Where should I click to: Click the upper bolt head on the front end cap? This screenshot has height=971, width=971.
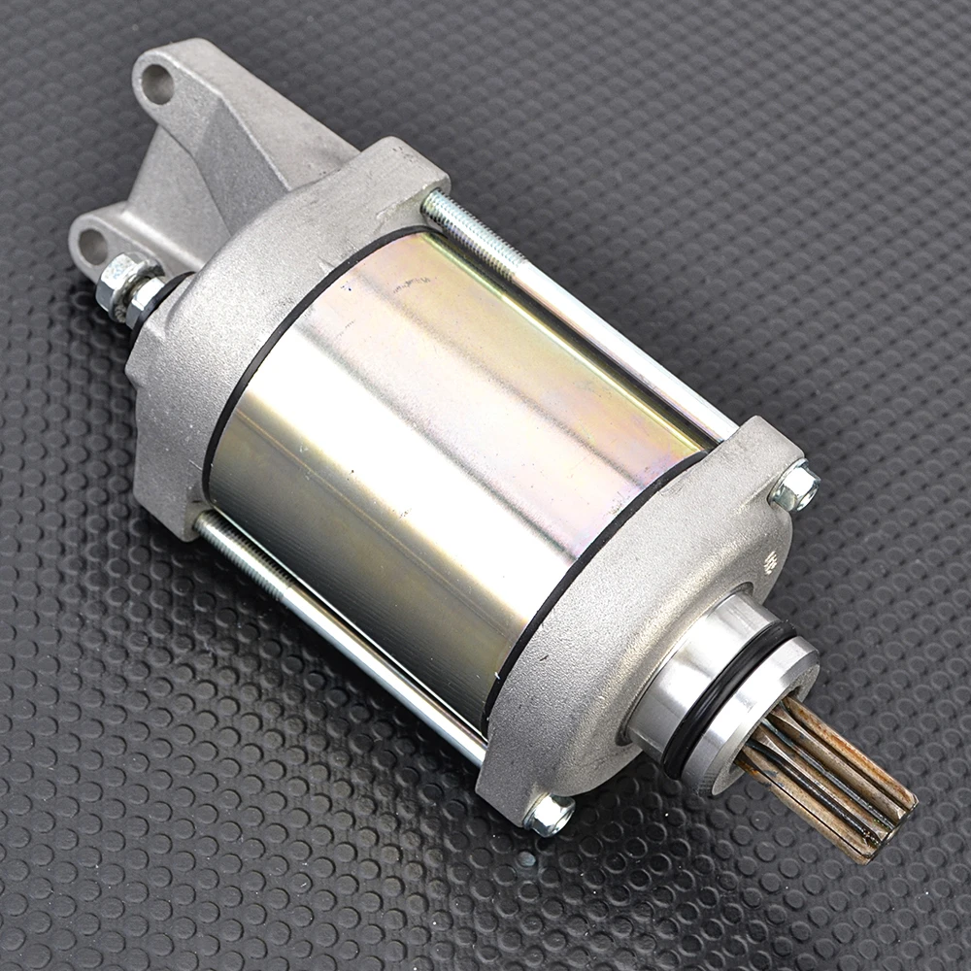[794, 487]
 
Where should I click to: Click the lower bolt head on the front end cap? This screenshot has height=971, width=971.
[549, 814]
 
